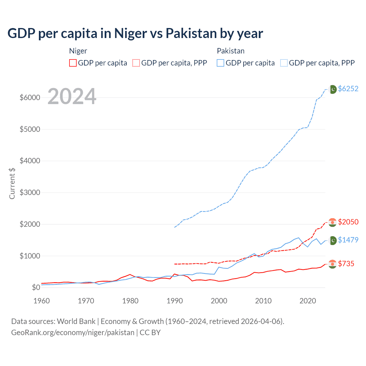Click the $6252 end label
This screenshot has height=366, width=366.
tap(348, 89)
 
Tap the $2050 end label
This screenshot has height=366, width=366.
tap(348, 222)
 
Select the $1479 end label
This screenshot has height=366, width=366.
tap(348, 240)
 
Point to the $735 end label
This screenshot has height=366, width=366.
tap(346, 264)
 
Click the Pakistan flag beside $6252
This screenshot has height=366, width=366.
tap(333, 89)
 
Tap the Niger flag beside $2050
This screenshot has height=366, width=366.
tap(332, 222)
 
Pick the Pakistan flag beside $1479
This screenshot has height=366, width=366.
tap(333, 240)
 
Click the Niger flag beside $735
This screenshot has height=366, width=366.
tap(332, 264)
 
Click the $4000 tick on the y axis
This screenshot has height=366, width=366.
tap(30, 161)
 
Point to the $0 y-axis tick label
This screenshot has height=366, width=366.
tap(36, 287)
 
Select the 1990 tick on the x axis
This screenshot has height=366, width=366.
tap(175, 301)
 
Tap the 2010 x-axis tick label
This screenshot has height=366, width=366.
tap(263, 301)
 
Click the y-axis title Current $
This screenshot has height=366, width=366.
tap(12, 183)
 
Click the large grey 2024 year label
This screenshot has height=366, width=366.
tap(72, 96)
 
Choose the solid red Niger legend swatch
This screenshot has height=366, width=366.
tap(73, 63)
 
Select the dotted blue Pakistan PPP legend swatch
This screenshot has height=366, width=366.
tap(284, 63)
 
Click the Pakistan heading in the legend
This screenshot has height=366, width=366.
tap(230, 51)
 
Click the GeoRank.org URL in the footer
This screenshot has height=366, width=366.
tap(73, 333)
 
